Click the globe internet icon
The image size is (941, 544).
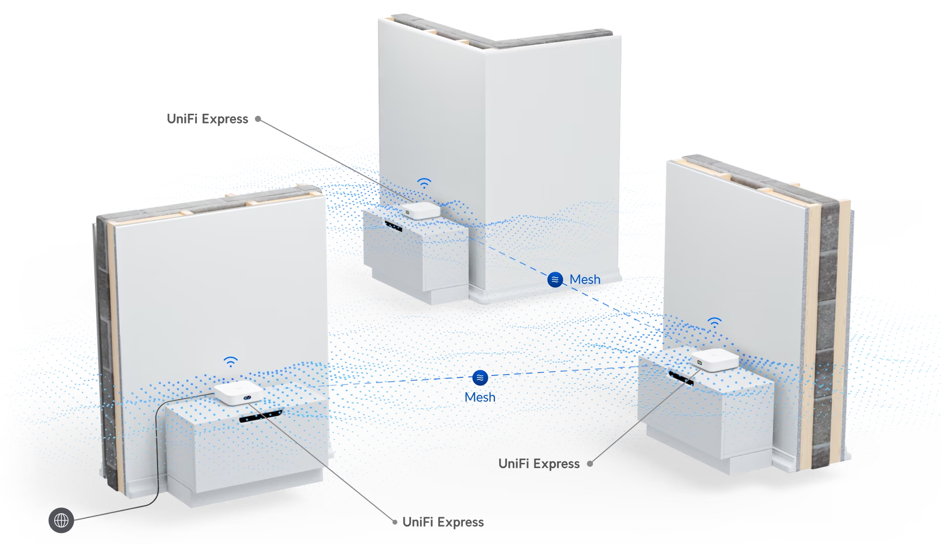coord(61,520)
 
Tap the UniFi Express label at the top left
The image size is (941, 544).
coord(207,119)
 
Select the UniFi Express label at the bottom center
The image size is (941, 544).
coord(443,522)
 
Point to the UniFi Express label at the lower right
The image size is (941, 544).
coord(539,464)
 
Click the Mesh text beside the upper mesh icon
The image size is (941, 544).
coord(585,279)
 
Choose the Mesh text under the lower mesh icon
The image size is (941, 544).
coord(480,398)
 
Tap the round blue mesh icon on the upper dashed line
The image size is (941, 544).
coord(555,279)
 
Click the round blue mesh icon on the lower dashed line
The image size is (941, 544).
coord(480,378)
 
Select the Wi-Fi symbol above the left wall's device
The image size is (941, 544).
coord(231,362)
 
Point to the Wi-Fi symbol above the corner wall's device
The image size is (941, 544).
coord(424,183)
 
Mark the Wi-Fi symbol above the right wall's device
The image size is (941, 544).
coord(714,322)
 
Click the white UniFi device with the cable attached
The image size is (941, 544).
coord(238,392)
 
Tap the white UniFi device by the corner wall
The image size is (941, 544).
coord(421,210)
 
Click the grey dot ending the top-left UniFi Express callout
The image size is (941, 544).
coord(258,119)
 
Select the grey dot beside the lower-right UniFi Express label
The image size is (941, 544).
coord(590,464)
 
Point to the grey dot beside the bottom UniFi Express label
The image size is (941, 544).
coord(395,522)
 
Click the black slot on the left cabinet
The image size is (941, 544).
coord(261,416)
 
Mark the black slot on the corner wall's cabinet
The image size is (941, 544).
coord(394,226)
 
